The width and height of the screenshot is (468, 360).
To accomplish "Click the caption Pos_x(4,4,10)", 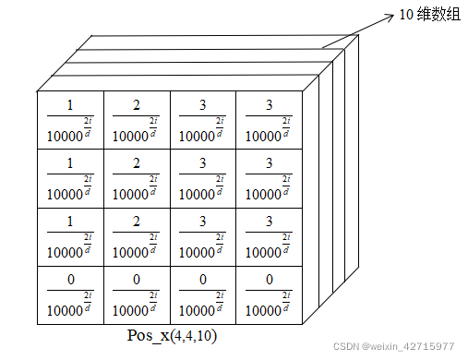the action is point(172,335).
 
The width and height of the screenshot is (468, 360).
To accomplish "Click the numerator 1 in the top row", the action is point(70,104).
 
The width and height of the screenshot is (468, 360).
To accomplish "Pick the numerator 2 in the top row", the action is point(137,104).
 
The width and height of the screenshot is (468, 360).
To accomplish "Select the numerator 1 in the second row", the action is point(70,163).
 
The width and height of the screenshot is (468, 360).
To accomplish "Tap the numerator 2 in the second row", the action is point(137,163).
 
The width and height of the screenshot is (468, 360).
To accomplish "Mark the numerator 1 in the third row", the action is point(70,222).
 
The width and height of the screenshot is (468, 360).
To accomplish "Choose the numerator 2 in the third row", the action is point(137,222).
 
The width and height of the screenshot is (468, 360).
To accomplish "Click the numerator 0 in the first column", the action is point(70,279).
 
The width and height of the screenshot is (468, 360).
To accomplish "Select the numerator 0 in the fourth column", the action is point(269,279).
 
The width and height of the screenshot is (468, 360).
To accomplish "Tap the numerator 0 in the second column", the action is point(137,279).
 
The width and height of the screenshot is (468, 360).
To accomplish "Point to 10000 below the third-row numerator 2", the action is point(130,252).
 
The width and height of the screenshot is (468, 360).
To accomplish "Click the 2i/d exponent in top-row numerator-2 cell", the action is point(153,125).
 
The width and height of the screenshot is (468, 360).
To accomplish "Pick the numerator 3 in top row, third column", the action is point(202,104).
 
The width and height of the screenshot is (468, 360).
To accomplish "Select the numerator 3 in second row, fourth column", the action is point(269,163).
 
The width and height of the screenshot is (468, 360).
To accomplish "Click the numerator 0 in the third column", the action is point(202,279).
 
